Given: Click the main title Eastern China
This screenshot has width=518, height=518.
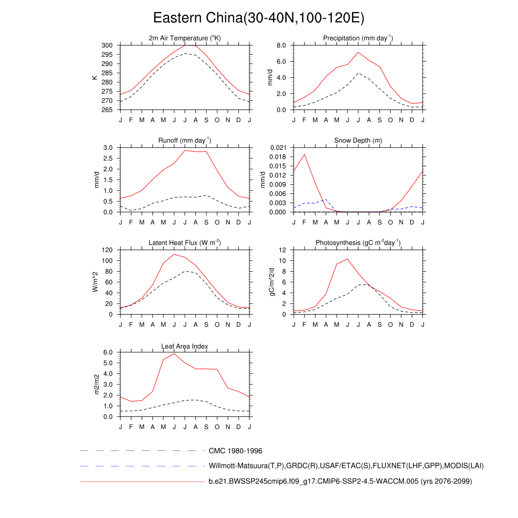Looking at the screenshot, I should click(x=258, y=18).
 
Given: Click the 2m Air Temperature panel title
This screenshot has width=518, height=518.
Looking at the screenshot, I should click(x=185, y=38).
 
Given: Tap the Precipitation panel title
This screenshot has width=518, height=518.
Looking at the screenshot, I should click(x=358, y=38).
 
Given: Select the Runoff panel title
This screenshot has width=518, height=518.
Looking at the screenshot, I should click(x=185, y=140).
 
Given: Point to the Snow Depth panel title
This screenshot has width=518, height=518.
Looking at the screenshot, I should click(x=358, y=140).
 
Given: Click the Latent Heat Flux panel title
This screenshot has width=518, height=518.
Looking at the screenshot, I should click(x=185, y=243).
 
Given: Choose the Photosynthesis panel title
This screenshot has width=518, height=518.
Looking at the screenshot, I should click(x=358, y=243).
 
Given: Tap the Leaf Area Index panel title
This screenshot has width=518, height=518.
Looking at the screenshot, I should click(x=185, y=346).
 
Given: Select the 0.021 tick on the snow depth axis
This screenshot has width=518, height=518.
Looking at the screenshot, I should click(x=278, y=148).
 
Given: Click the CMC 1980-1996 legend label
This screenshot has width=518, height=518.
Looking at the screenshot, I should click(x=235, y=451).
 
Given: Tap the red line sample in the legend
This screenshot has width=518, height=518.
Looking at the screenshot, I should click(x=142, y=482).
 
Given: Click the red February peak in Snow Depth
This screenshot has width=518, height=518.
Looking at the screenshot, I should click(x=305, y=154).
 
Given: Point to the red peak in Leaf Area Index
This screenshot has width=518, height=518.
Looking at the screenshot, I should click(x=174, y=354).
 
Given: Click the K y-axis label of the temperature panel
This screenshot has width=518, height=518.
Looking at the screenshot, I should click(x=94, y=77).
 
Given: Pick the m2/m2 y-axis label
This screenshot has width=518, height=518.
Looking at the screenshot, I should click(x=94, y=384).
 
